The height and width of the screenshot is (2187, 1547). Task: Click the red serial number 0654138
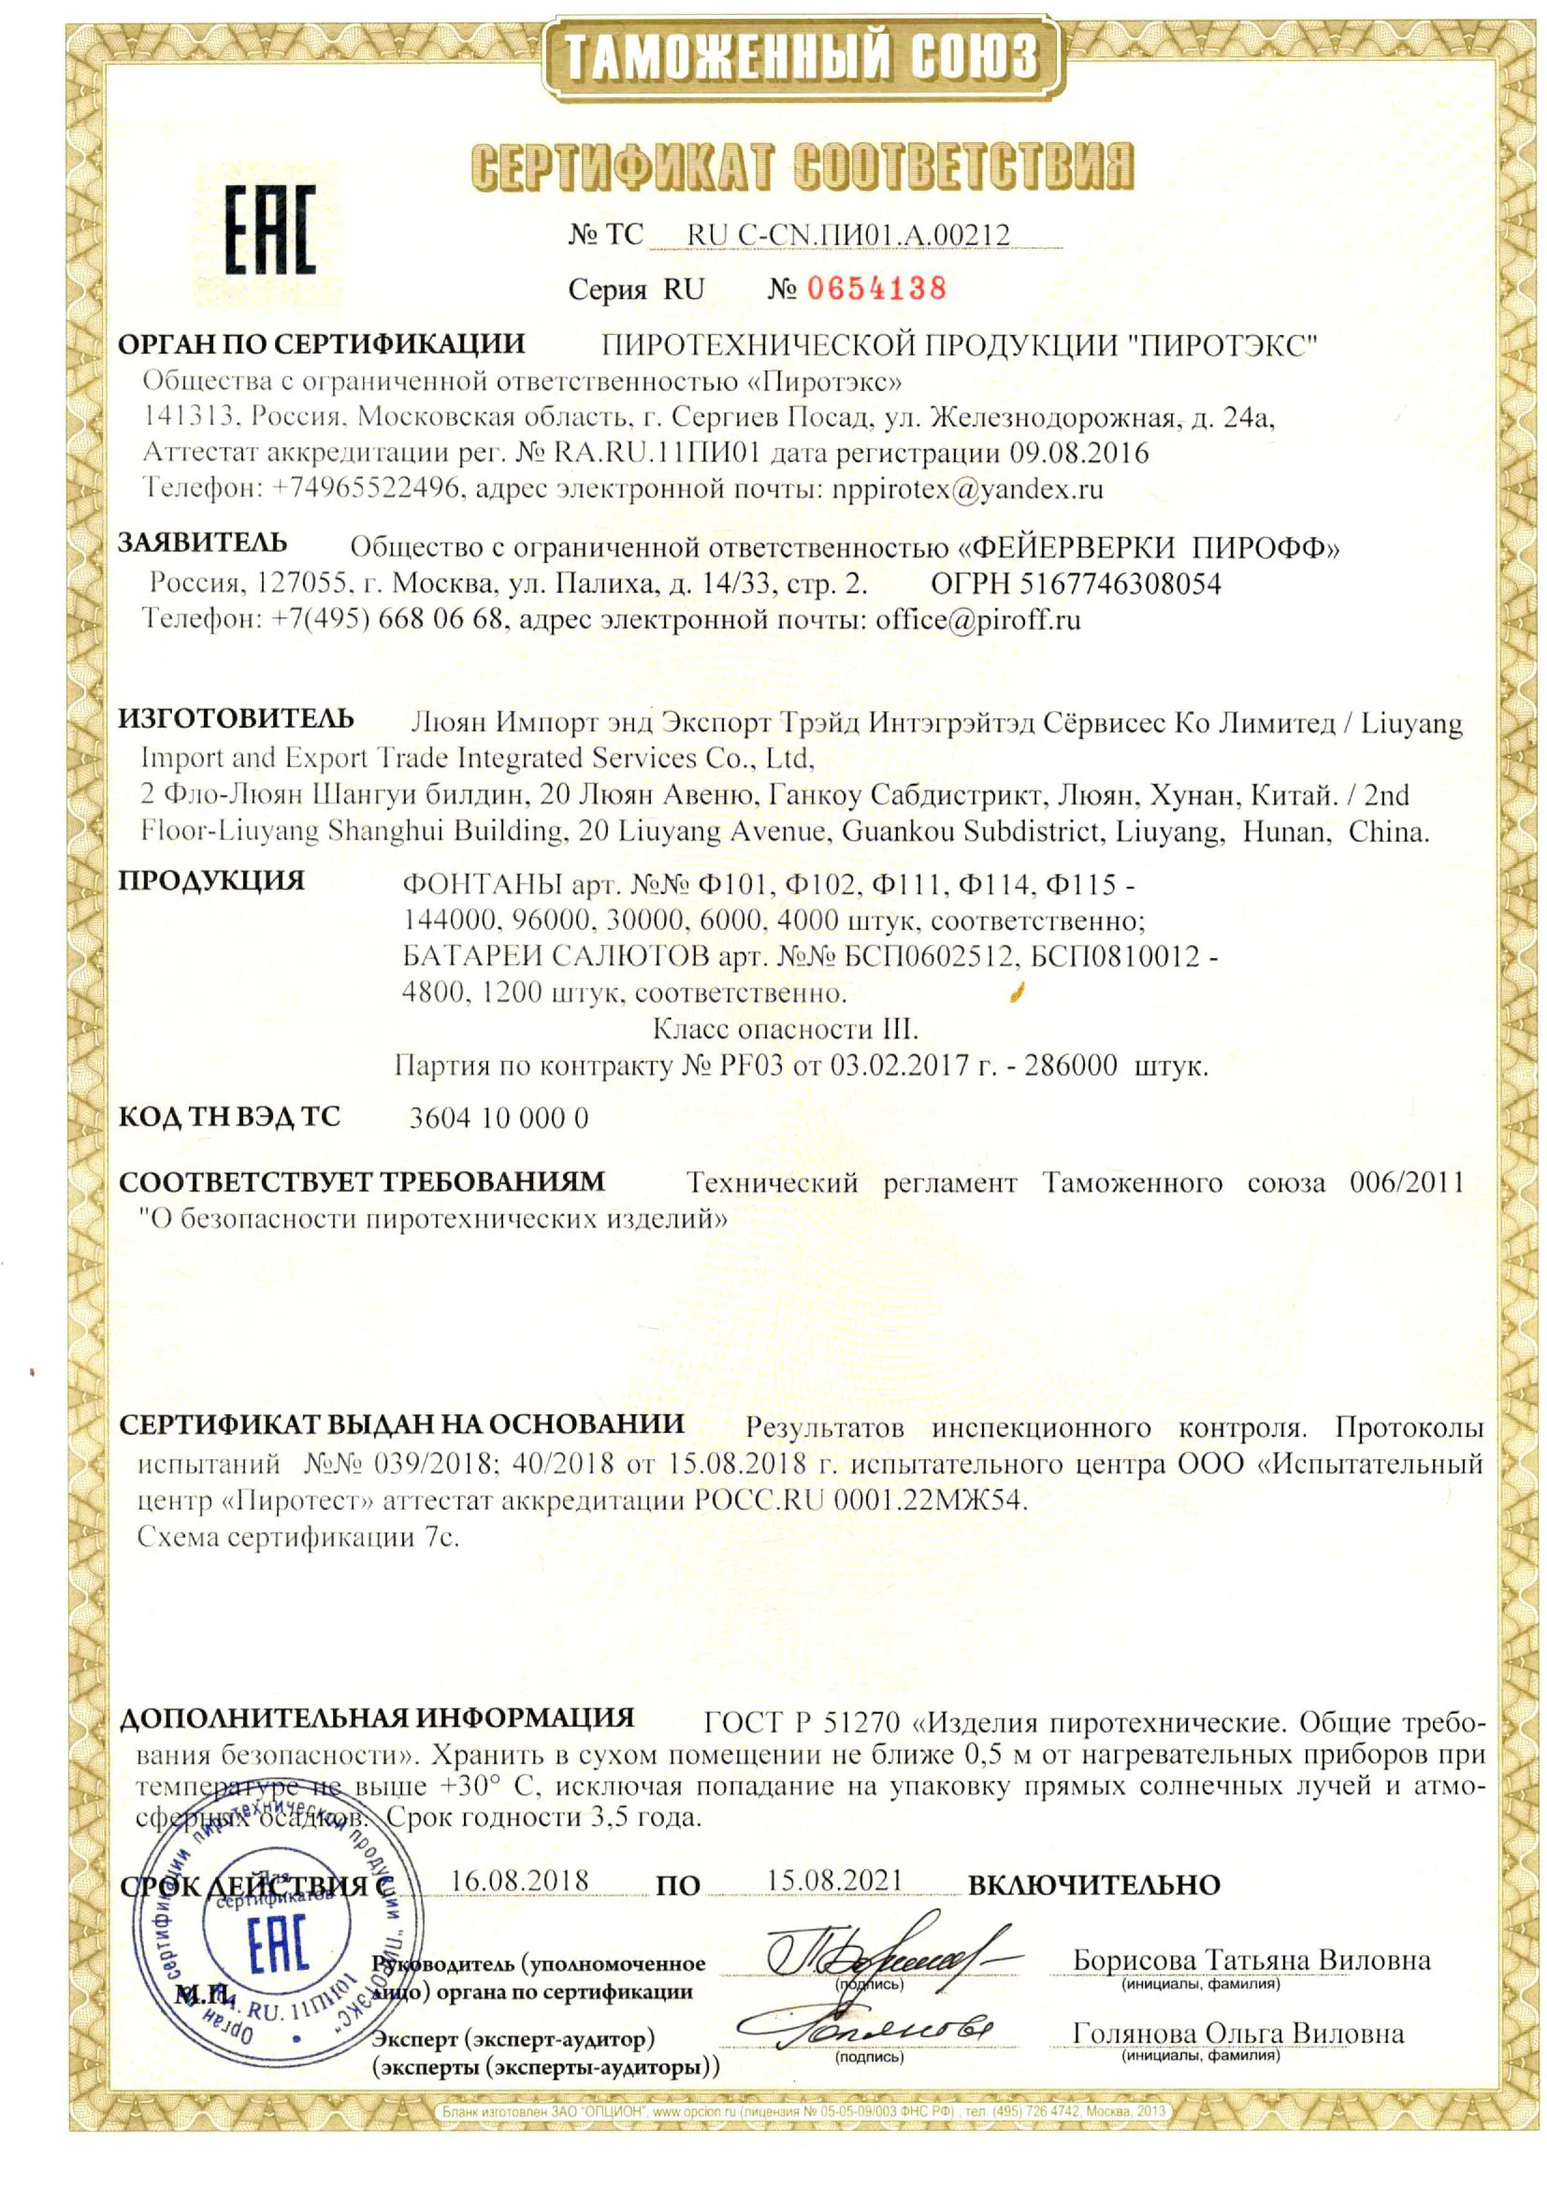[x=876, y=287]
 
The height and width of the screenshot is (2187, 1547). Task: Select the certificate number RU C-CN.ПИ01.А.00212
[x=848, y=234]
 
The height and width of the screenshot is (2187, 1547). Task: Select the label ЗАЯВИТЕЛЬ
[x=202, y=543]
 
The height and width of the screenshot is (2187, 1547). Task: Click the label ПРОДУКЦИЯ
[x=211, y=880]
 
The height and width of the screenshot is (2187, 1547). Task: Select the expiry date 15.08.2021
[x=834, y=1880]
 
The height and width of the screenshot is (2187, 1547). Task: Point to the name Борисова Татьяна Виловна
[x=1251, y=1960]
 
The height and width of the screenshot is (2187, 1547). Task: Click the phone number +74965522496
[x=367, y=490]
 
